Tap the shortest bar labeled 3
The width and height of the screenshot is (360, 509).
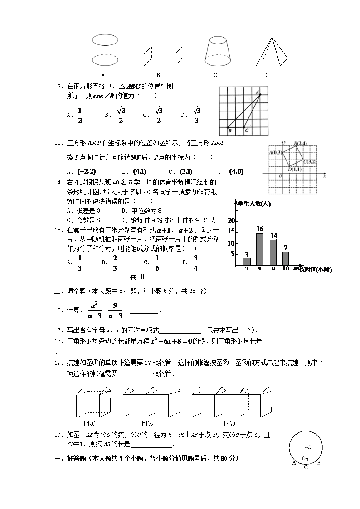coord(247,261)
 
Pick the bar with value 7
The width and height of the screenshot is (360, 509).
coord(286,258)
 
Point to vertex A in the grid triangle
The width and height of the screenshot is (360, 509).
coord(258,92)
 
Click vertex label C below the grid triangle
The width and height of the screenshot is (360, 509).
coord(246,131)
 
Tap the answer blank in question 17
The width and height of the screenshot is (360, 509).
coord(180,330)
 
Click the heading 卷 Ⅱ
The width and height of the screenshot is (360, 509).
coord(136,277)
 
